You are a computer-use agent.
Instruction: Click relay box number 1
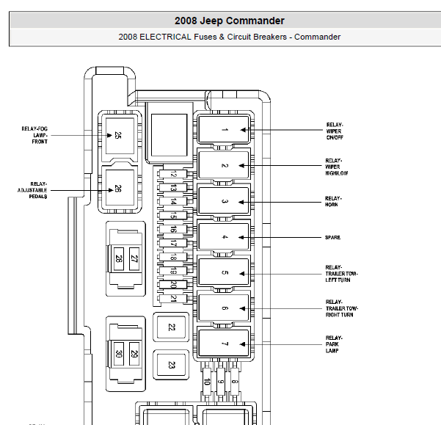point(225,130)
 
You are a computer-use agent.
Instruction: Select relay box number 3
point(225,202)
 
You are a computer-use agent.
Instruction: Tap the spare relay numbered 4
point(225,237)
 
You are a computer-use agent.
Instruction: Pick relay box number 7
point(225,345)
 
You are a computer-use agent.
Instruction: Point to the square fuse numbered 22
point(171,327)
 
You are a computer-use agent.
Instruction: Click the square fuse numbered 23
point(171,364)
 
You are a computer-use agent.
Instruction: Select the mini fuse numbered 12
point(172,175)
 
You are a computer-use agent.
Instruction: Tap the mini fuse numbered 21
point(172,298)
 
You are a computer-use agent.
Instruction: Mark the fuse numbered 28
point(118,258)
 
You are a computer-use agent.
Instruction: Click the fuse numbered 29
point(134,354)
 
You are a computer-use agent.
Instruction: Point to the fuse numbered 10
point(207,382)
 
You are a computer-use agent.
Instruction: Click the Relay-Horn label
point(333,201)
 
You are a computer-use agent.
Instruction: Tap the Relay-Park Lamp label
point(334,344)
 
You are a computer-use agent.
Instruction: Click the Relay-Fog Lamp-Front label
point(34,135)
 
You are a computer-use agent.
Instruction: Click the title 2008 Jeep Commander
point(229,21)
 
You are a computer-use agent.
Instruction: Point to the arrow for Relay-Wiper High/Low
point(286,166)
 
